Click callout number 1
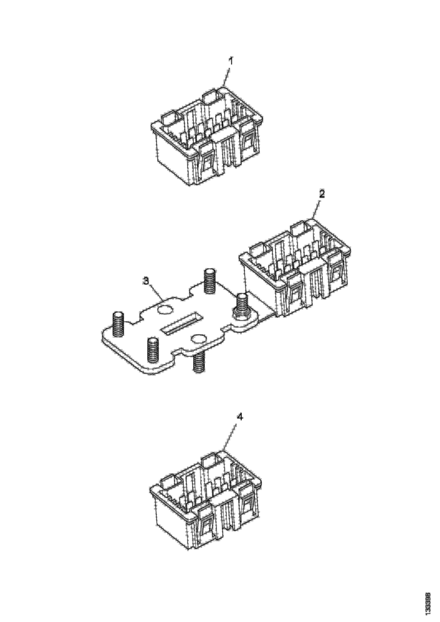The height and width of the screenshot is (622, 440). (x=230, y=61)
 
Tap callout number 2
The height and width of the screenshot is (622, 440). (x=321, y=194)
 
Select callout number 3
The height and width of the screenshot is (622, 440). (x=146, y=281)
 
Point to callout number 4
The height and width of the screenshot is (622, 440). (x=239, y=417)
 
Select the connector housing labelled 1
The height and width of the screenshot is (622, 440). (x=206, y=136)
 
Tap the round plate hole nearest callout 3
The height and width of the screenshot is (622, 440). (x=164, y=309)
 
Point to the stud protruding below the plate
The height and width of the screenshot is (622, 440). (x=199, y=362)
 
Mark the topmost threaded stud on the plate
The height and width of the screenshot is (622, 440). (x=210, y=281)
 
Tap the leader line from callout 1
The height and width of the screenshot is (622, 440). (x=227, y=77)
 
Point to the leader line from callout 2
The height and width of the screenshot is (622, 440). (x=316, y=209)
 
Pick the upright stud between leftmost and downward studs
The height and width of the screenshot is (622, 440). (x=153, y=349)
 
